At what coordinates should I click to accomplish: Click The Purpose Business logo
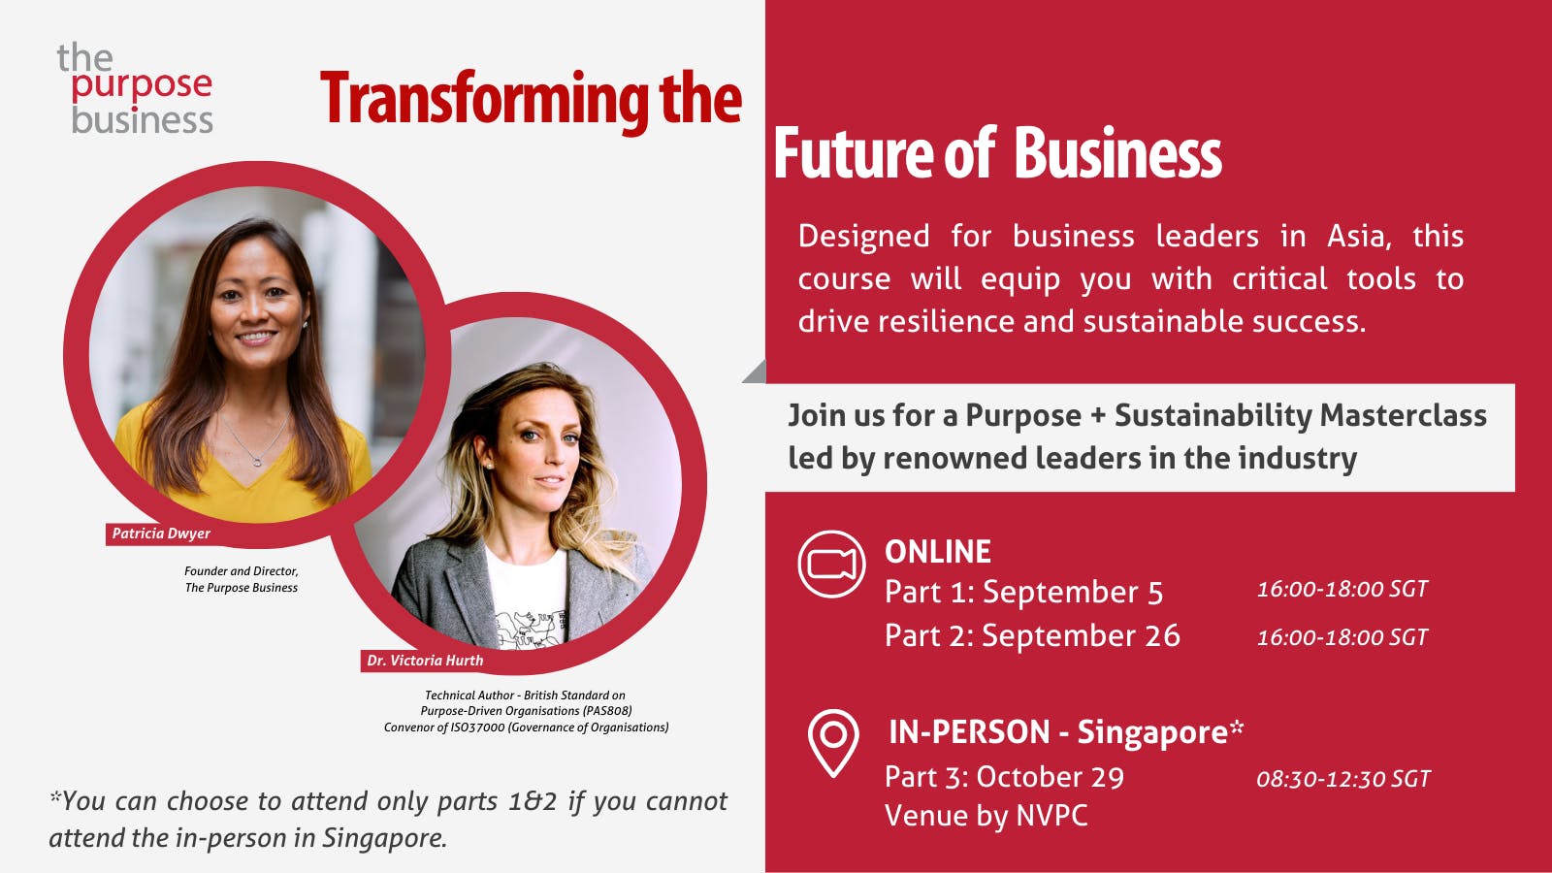(136, 89)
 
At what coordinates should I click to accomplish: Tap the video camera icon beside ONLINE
(831, 564)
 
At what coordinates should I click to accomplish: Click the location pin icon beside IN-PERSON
(833, 742)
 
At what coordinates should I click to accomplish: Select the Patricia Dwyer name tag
(161, 533)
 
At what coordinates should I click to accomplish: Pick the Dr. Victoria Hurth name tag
(425, 661)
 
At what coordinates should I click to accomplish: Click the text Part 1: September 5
(1023, 593)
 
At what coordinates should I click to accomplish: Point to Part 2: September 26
(1032, 636)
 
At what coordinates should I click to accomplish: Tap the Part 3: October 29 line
(1004, 777)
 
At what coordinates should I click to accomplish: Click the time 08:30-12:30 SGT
(1343, 779)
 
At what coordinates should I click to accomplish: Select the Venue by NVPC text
(986, 816)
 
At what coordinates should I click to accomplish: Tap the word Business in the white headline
(1117, 155)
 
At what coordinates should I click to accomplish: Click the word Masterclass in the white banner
(1403, 415)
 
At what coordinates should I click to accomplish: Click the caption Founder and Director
(242, 571)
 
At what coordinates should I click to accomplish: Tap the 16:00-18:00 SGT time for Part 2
(1342, 637)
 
